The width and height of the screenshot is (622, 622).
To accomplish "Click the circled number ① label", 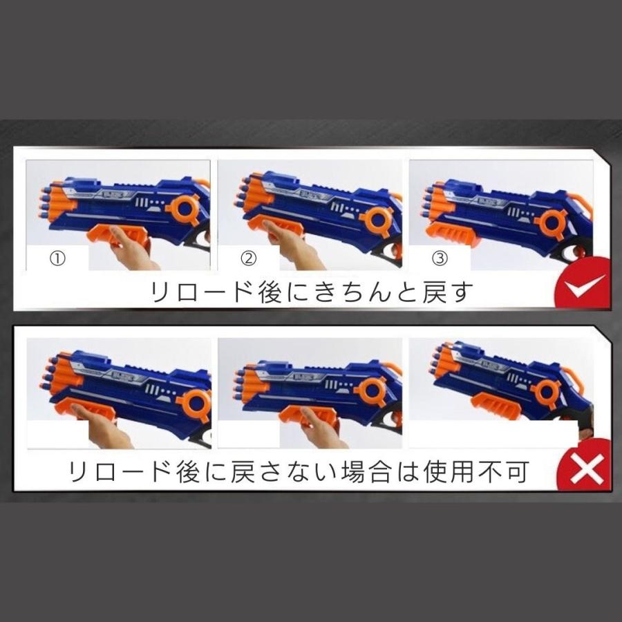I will [57, 258].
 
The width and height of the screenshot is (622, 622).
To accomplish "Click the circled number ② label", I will [248, 258].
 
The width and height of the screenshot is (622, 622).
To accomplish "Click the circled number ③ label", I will [440, 258].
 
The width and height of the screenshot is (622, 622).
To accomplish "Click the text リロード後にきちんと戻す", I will [313, 292].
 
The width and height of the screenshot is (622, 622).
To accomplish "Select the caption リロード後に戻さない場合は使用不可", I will [299, 472].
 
